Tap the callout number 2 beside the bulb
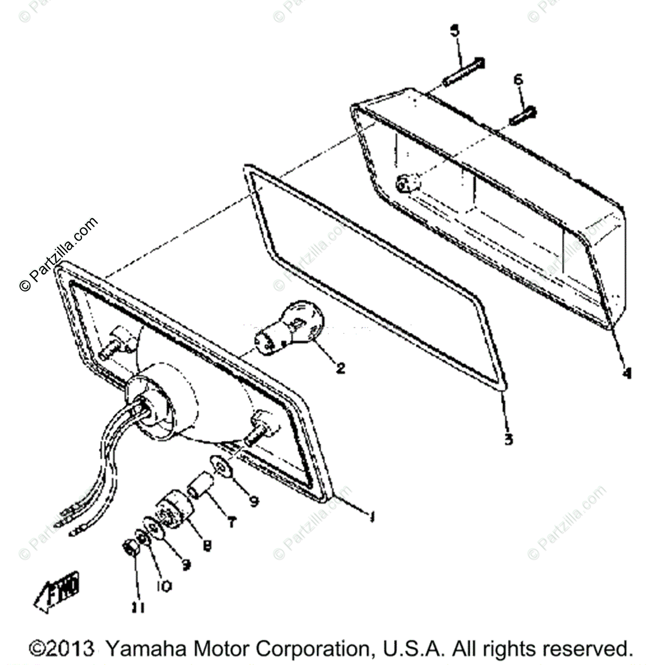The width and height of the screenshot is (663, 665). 340,367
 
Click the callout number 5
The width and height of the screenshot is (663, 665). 455,31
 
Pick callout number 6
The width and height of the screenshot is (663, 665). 518,80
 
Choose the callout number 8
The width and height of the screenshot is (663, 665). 206,545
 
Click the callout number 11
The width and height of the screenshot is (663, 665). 138,608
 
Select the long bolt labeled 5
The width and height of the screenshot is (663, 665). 463,72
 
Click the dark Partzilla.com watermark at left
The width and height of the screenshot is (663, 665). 58,255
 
